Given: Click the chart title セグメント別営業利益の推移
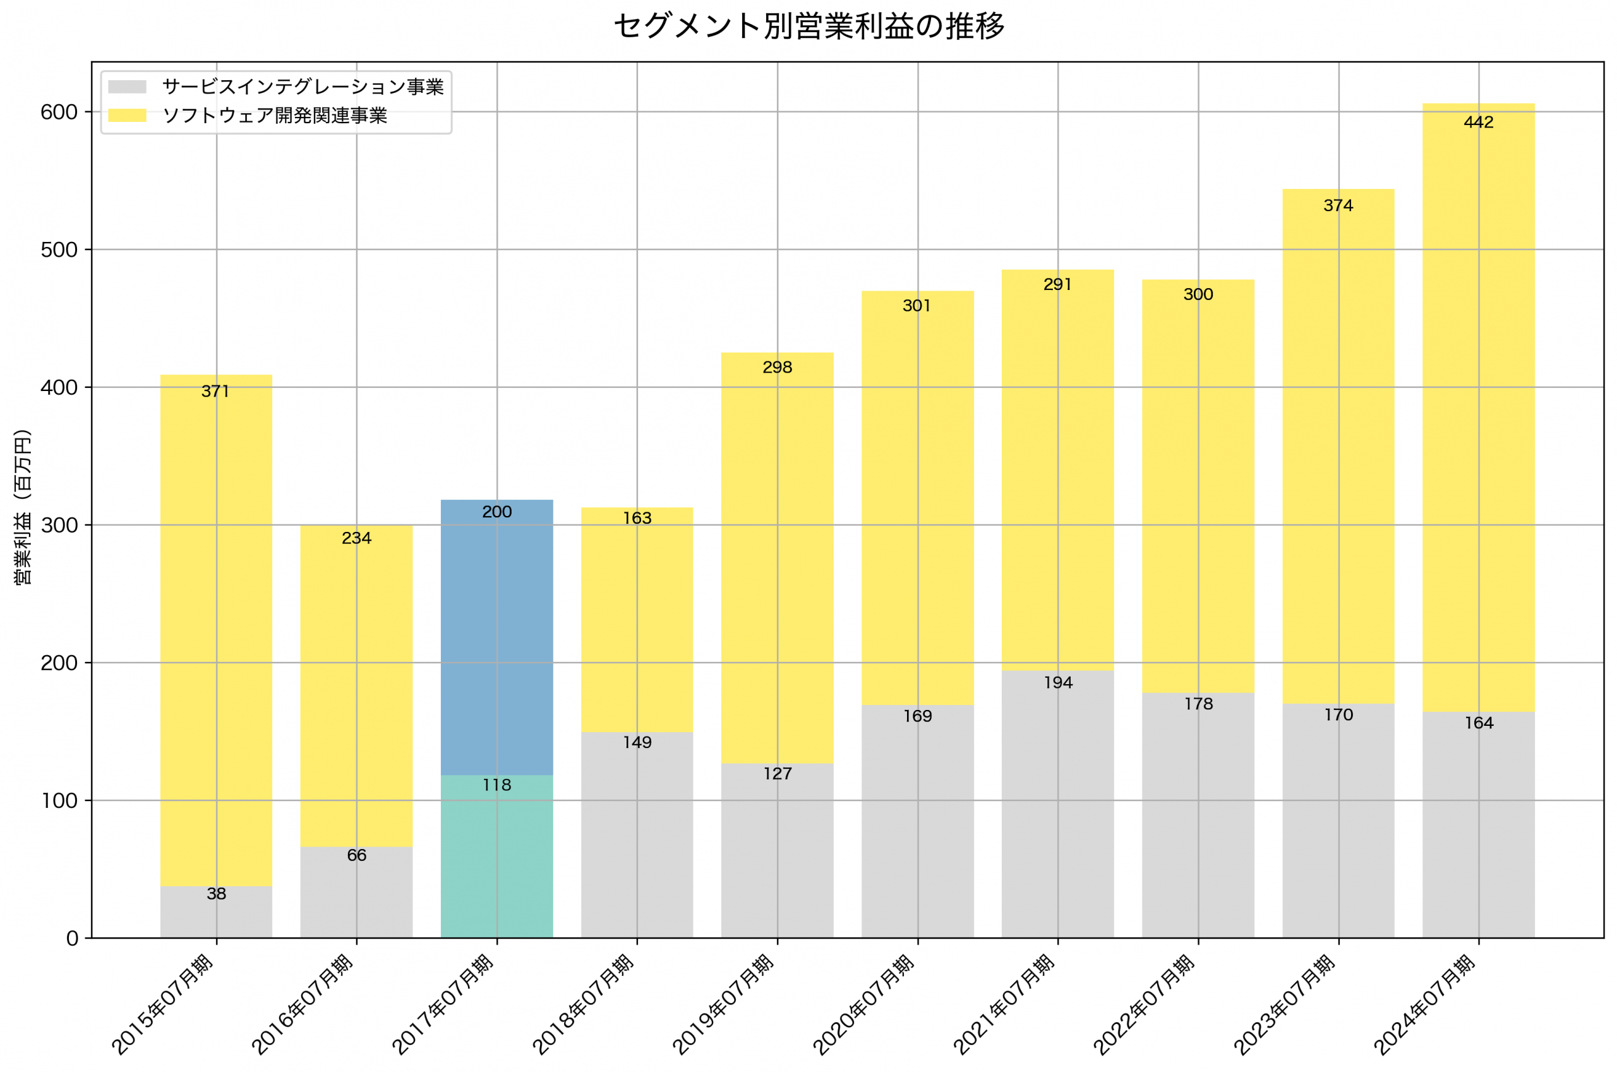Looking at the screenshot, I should pos(808,27).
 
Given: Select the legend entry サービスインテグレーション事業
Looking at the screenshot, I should pos(303,87).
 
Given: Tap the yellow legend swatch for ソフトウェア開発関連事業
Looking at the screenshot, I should pos(127,116).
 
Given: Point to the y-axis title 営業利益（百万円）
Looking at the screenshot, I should pos(23,507).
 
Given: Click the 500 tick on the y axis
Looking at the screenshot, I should pos(59,250).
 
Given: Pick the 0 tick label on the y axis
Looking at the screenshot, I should pos(73,939).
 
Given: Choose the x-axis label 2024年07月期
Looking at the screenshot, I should pos(1426,1005).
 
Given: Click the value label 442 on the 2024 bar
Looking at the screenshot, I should pos(1478,123).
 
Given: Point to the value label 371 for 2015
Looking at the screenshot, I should pos(216,391).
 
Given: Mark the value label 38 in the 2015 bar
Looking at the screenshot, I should pos(216,894).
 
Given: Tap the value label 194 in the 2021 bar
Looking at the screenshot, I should pos(1058,682).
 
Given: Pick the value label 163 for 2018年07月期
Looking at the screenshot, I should pos(637,518).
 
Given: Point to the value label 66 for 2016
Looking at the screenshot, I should pos(356,855).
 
